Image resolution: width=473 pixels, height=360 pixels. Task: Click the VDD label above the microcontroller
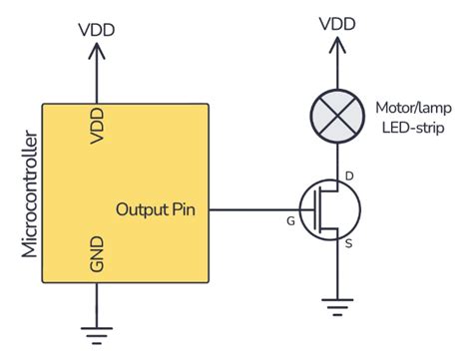pyautogui.click(x=97, y=28)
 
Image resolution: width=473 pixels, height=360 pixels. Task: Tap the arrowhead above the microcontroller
pyautogui.click(x=97, y=49)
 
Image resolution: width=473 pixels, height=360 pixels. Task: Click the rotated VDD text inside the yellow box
pyautogui.click(x=97, y=126)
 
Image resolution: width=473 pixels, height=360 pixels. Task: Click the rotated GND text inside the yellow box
pyautogui.click(x=97, y=254)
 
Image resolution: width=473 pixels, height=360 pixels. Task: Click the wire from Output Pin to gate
pyautogui.click(x=255, y=210)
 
